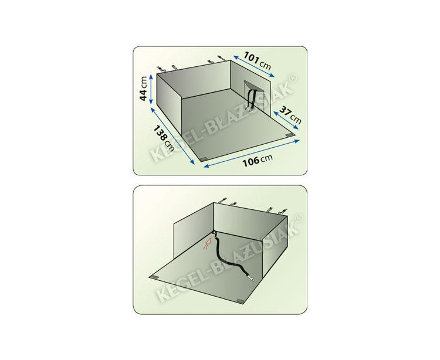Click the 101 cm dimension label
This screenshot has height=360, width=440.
pyautogui.click(x=257, y=60)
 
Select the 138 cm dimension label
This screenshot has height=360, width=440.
pyautogui.click(x=164, y=138)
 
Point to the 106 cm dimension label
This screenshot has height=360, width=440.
pyautogui.click(x=258, y=161)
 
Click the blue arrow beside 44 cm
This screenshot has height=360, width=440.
pyautogui.click(x=151, y=89)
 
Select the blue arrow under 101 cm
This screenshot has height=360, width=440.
pyautogui.click(x=253, y=66)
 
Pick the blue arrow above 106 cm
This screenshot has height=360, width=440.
pyautogui.click(x=252, y=153)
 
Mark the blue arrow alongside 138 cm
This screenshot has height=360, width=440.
pyautogui.click(x=172, y=135)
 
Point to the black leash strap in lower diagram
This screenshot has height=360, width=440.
pyautogui.click(x=230, y=257)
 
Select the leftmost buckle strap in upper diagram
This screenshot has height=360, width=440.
pyautogui.click(x=160, y=69)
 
